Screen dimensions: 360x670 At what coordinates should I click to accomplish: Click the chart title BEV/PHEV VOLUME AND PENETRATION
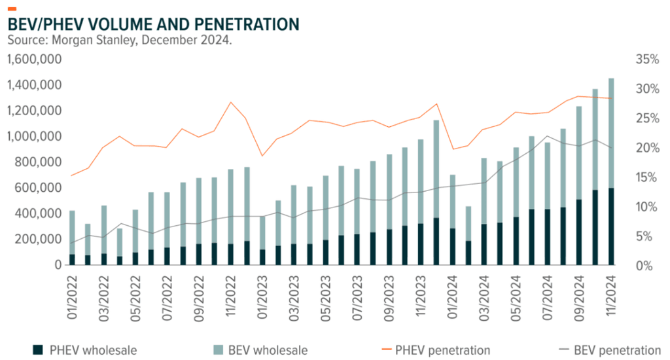point(152,25)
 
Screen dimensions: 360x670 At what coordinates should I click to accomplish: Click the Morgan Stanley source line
point(120,41)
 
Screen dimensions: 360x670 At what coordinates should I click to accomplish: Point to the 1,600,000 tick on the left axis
point(34,60)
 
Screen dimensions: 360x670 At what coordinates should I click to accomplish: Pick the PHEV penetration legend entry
point(440,350)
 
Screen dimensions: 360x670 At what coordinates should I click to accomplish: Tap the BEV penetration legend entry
point(608,350)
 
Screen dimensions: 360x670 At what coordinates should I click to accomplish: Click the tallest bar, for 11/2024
point(611,170)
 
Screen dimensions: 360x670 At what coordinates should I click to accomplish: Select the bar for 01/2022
point(72,239)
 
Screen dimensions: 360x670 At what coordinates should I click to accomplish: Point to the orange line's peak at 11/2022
point(230,103)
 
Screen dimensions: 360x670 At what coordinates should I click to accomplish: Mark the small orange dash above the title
point(11,9)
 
